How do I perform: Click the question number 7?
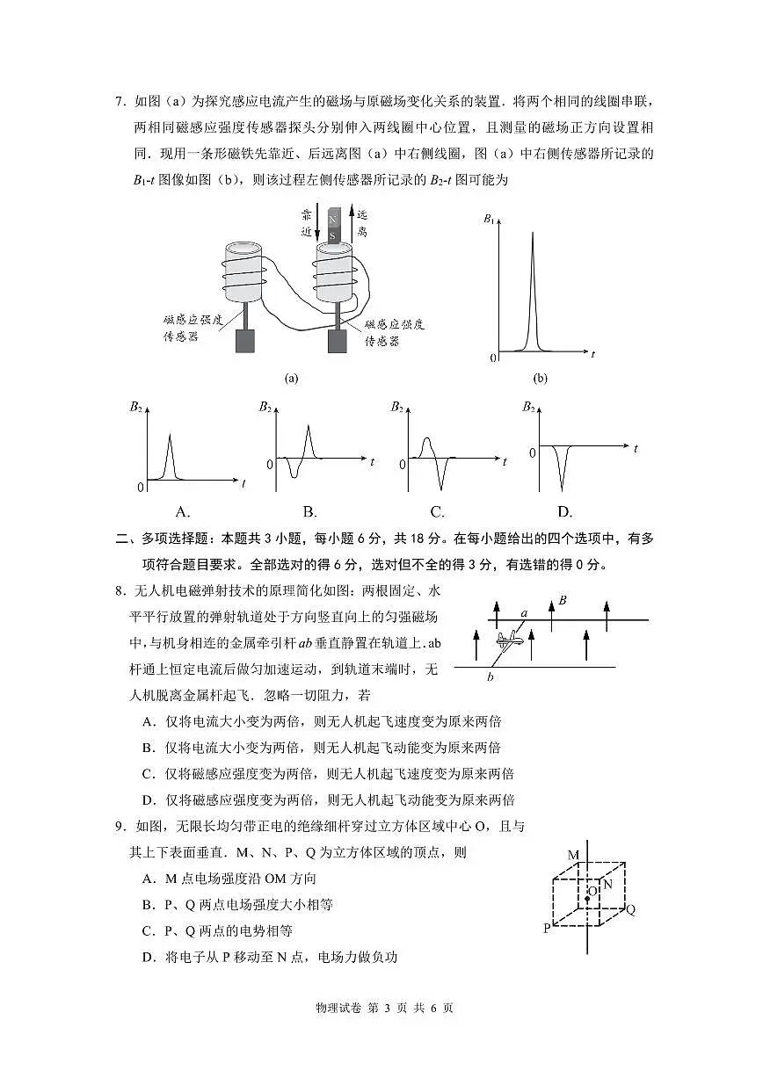(x=121, y=102)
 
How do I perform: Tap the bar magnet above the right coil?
(x=332, y=227)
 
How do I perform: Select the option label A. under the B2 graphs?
(x=183, y=512)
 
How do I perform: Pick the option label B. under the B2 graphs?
(x=309, y=512)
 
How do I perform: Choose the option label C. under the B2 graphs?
(x=437, y=512)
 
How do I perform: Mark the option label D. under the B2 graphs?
(x=564, y=512)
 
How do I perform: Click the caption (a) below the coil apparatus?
(x=292, y=379)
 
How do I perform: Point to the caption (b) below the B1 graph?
(x=540, y=379)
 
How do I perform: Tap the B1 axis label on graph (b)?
(x=489, y=219)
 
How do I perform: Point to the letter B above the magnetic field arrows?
(x=563, y=600)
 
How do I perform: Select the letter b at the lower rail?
(x=490, y=676)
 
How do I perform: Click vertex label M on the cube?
(x=573, y=855)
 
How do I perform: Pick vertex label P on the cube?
(x=547, y=928)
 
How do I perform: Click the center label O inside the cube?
(x=592, y=890)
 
